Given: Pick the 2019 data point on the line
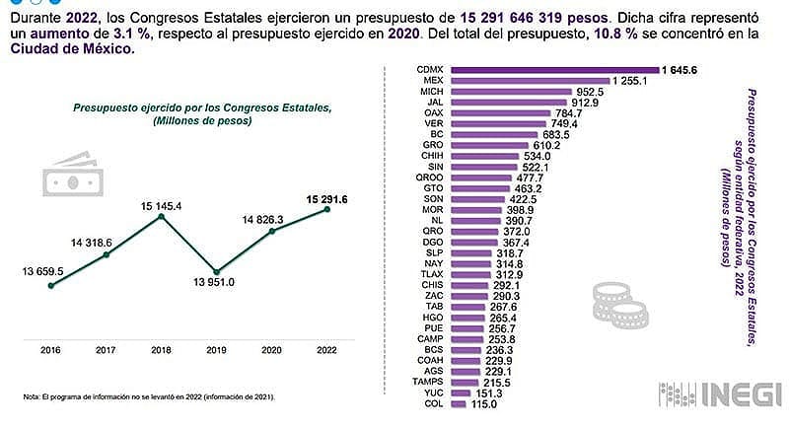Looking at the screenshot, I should click(217, 272).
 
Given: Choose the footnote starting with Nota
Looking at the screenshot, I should click(148, 397).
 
